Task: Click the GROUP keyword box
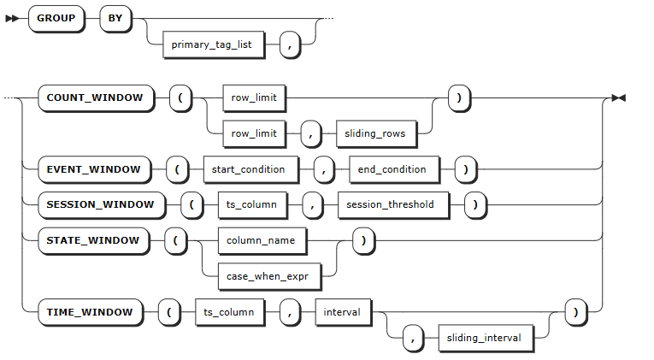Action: click(56, 18)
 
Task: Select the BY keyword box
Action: click(115, 18)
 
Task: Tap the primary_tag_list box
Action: click(213, 44)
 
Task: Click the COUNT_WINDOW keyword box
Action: click(96, 98)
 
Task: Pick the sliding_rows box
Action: click(376, 134)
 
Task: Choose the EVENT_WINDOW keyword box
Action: click(94, 170)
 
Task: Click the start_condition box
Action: click(250, 170)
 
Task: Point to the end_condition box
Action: click(394, 170)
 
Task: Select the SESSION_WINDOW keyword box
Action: click(102, 205)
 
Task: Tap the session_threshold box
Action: click(393, 205)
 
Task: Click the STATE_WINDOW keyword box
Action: click(93, 240)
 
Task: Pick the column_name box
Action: click(262, 240)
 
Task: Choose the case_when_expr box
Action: click(269, 276)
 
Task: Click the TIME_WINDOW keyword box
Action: click(90, 312)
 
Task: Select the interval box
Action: click(343, 312)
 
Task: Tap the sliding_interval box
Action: click(486, 339)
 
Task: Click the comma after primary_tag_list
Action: click(290, 44)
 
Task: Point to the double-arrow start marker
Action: click(12, 19)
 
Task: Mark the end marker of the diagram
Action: click(619, 98)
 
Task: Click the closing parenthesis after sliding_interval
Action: click(576, 312)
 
